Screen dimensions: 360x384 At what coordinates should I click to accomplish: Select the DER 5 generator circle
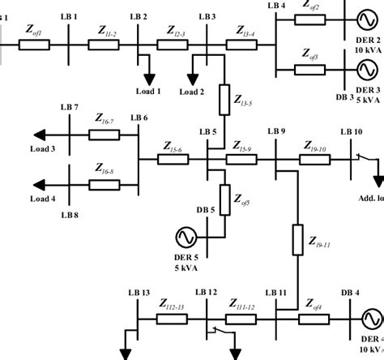tap(182, 237)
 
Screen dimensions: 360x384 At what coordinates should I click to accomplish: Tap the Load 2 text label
tap(192, 92)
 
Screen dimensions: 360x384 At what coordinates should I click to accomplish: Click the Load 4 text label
tap(44, 199)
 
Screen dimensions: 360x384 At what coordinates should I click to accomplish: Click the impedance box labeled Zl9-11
tap(297, 242)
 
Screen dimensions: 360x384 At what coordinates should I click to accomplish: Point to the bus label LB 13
tap(139, 292)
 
